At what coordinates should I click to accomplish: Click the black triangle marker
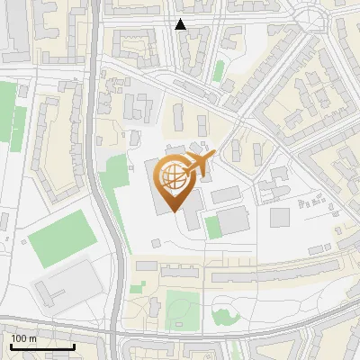click(x=181, y=24)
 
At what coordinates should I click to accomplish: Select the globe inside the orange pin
click(x=175, y=177)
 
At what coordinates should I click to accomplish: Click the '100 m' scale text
click(x=23, y=338)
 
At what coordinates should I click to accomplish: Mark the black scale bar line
click(x=41, y=346)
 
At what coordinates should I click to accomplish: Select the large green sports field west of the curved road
click(x=61, y=236)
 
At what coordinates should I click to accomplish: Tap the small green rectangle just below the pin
click(x=212, y=227)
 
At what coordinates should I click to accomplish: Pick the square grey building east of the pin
click(x=281, y=217)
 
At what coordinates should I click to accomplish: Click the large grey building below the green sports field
click(x=67, y=283)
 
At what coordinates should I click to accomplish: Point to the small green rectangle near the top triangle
click(x=219, y=71)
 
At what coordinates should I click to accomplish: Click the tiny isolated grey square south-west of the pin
click(x=157, y=243)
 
